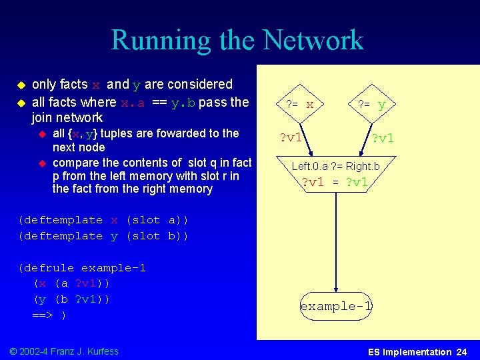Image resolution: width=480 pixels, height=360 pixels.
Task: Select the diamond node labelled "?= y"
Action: tap(371, 104)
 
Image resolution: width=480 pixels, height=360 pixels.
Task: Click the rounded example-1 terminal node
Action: tap(335, 306)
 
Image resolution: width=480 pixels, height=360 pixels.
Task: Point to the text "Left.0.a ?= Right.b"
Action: tap(335, 166)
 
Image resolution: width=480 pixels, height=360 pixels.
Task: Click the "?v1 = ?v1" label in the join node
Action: tap(335, 182)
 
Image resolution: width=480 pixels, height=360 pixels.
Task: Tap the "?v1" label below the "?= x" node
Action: tap(291, 138)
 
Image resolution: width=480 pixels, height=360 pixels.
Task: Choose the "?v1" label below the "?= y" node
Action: tap(383, 138)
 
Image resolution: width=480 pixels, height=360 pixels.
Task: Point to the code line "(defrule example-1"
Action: tap(82, 268)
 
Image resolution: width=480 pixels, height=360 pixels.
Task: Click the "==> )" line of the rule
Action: tap(49, 315)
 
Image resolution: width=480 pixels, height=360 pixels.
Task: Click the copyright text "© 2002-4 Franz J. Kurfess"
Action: tap(65, 351)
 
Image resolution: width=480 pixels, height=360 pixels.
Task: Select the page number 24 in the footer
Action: tap(461, 352)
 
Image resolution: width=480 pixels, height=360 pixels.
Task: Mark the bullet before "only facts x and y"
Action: tap(21, 85)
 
